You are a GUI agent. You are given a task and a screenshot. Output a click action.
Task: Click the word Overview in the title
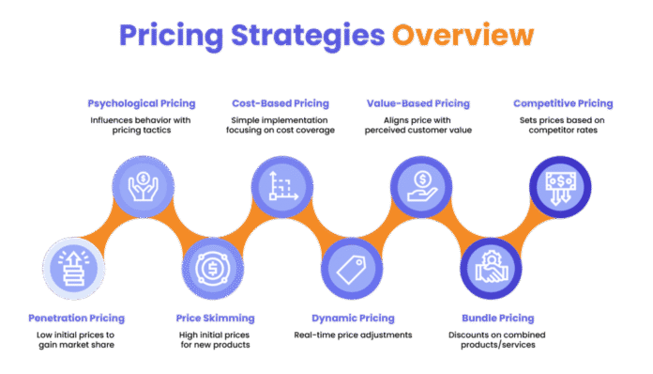tap(463, 35)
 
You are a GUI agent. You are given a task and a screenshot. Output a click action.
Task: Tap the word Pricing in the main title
tap(158, 35)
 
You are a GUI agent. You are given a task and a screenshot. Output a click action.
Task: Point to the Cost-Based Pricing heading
tap(276, 102)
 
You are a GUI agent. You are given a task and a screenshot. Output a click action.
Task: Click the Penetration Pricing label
tap(76, 318)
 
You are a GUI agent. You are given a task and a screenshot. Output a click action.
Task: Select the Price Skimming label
tap(213, 318)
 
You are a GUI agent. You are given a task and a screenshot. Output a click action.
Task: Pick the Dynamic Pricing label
tap(353, 318)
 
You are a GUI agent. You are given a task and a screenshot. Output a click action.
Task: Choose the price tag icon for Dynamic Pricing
tap(350, 268)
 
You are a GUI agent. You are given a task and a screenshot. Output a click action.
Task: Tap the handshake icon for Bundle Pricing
tap(489, 268)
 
